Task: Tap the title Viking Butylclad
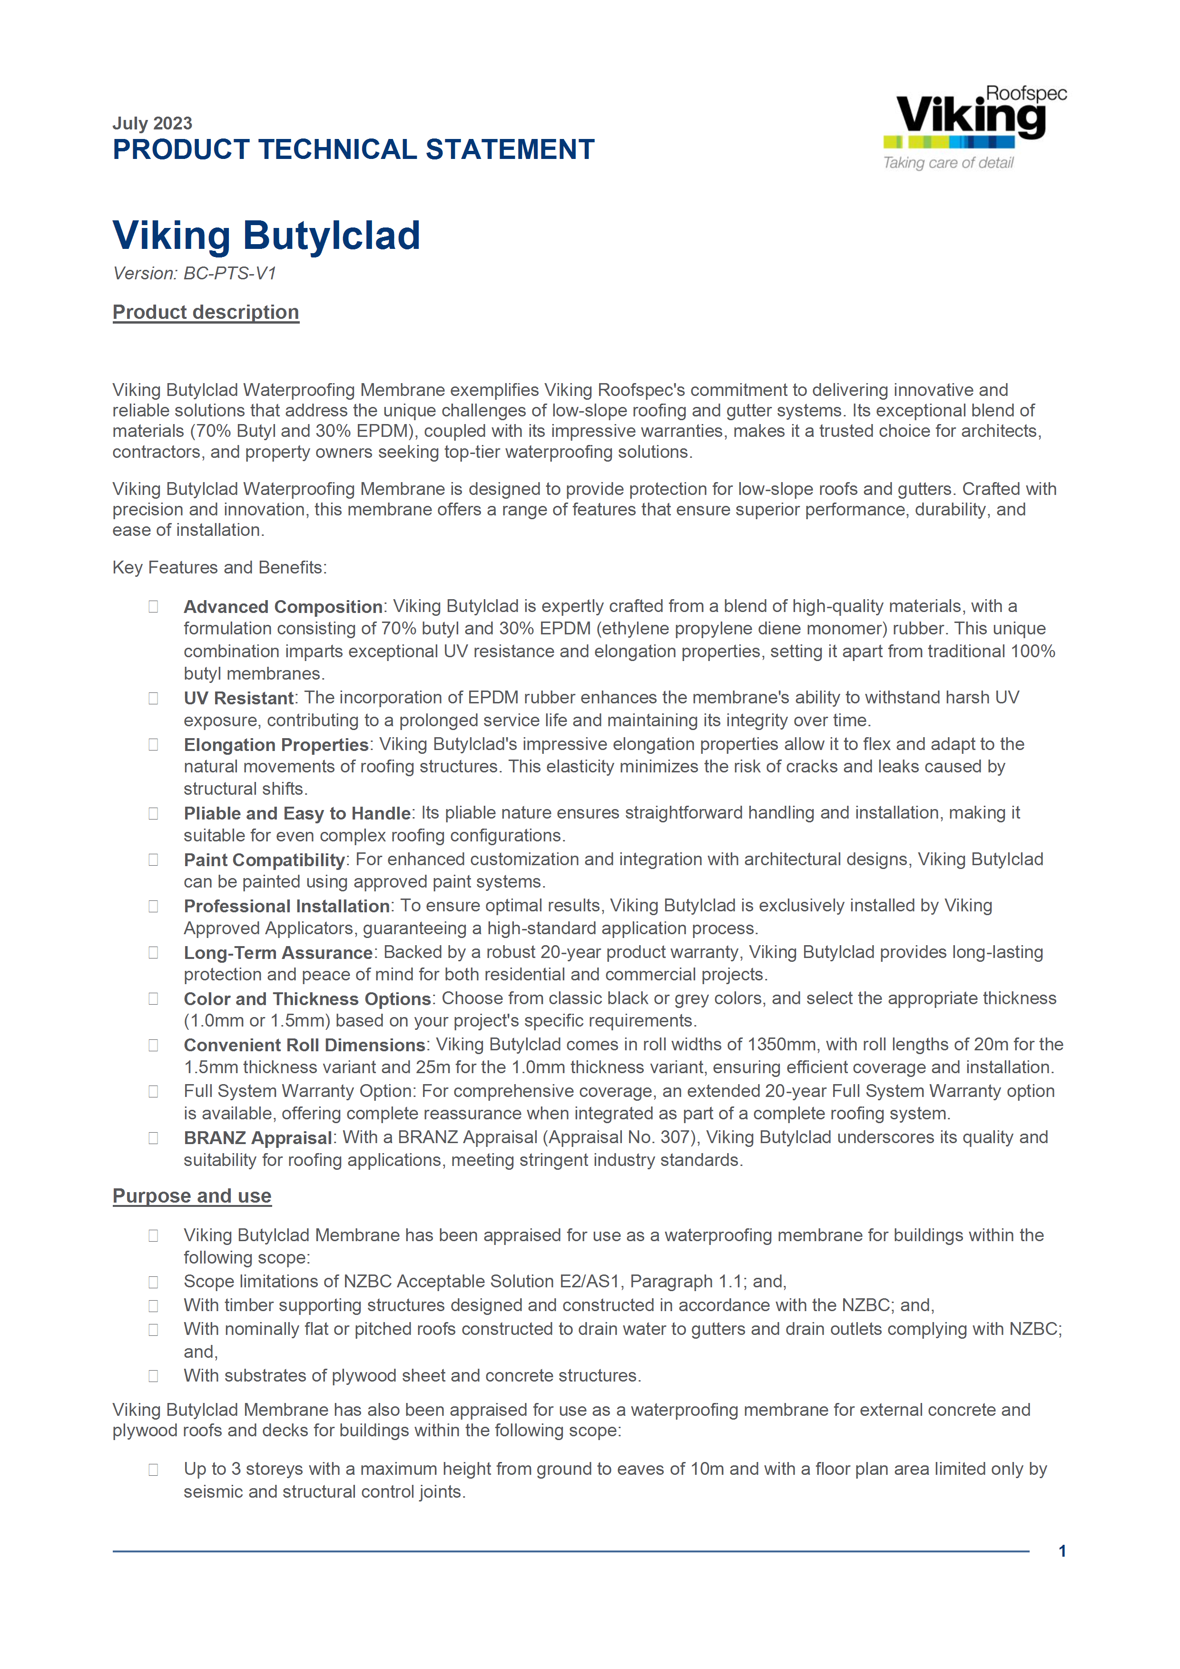(266, 236)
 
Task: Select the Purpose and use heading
(192, 1196)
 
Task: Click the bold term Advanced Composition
(283, 607)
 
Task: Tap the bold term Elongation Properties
(276, 745)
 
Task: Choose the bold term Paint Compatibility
(264, 860)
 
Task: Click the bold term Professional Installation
(286, 907)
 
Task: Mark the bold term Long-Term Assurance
(277, 953)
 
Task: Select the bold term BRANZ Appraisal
(257, 1138)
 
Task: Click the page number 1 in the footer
(1062, 1551)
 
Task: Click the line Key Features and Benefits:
(219, 568)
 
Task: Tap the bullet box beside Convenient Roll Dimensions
(153, 1045)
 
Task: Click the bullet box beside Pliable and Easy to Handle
(153, 813)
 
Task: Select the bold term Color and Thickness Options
(307, 999)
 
